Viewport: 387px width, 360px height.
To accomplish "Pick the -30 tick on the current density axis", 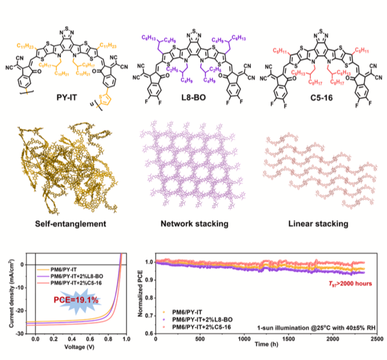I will [x=18, y=333].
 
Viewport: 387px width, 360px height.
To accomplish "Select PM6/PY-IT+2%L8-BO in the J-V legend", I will [x=82, y=276].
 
